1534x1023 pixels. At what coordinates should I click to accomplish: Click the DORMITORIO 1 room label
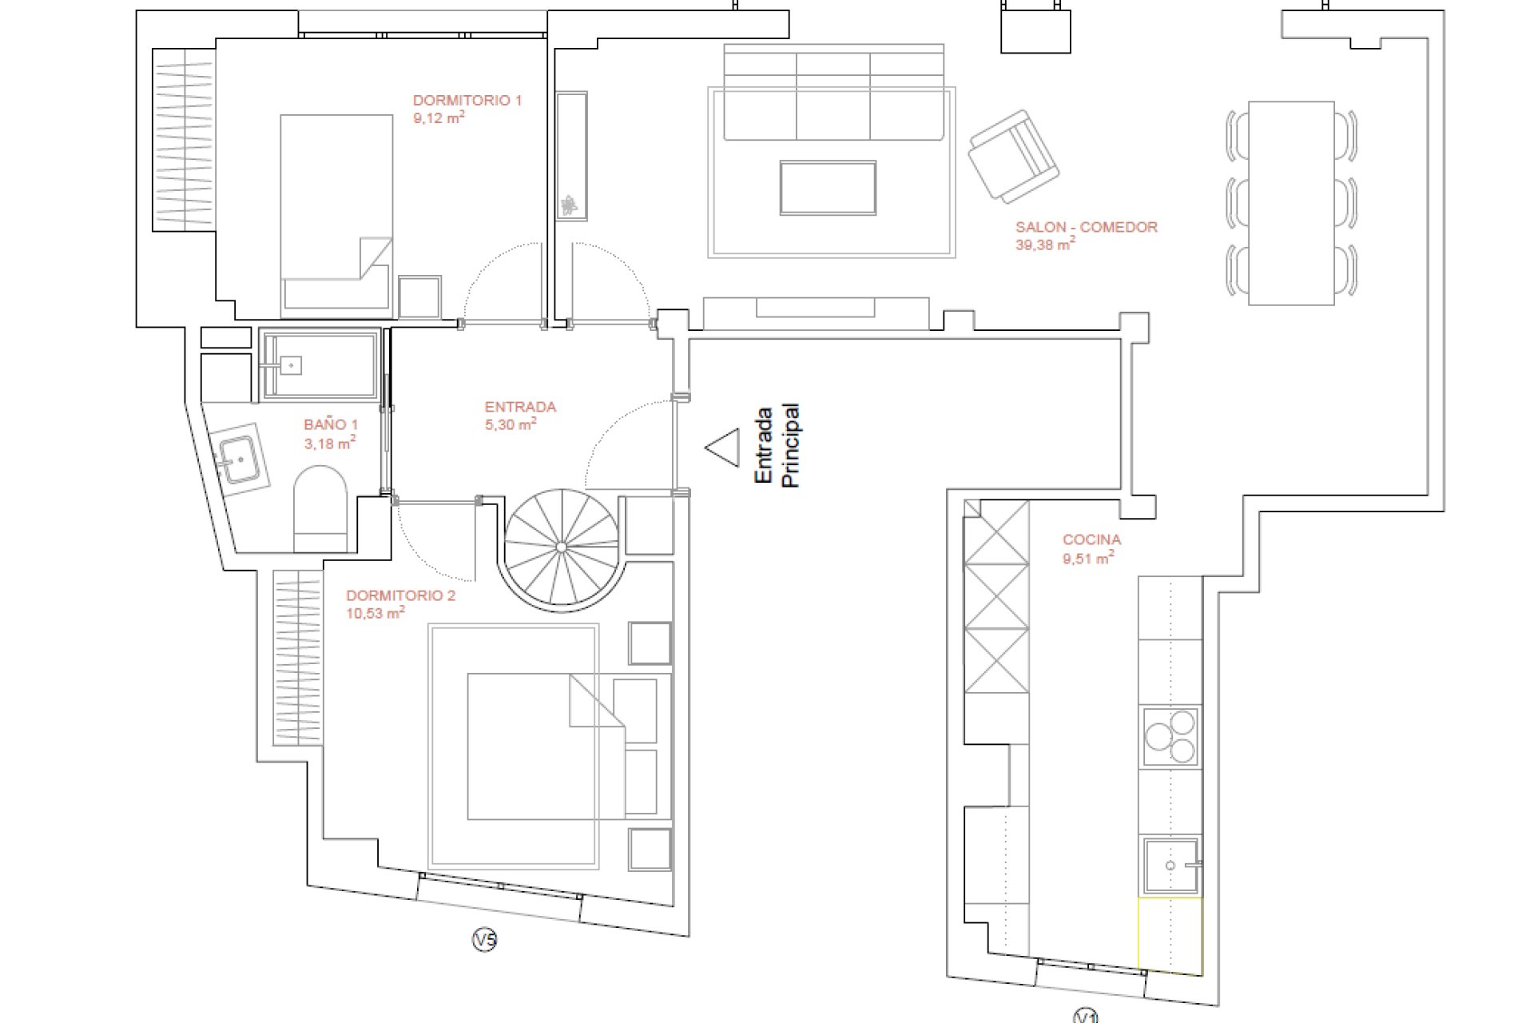(x=467, y=101)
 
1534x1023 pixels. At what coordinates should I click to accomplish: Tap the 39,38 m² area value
(x=1045, y=245)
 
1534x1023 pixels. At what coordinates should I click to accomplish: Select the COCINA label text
(x=1091, y=540)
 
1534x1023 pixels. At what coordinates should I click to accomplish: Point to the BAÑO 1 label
(x=331, y=424)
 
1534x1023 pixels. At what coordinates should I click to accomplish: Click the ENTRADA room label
(x=520, y=407)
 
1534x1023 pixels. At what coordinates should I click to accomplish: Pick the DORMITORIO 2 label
(x=400, y=595)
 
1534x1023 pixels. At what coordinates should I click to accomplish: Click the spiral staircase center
(x=561, y=547)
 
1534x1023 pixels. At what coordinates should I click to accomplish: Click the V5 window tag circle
(x=484, y=941)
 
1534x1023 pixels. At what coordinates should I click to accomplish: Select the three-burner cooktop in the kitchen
(x=1170, y=736)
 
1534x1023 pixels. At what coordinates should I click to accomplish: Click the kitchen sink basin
(x=1170, y=866)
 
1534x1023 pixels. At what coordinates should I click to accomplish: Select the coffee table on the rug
(x=828, y=188)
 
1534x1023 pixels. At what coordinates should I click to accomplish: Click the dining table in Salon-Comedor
(x=1291, y=203)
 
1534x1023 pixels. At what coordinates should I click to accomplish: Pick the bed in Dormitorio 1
(x=336, y=216)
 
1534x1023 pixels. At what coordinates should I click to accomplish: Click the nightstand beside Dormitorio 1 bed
(x=419, y=297)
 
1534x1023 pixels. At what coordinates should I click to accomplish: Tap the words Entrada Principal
(x=777, y=446)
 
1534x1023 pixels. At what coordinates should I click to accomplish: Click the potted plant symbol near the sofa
(x=569, y=205)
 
